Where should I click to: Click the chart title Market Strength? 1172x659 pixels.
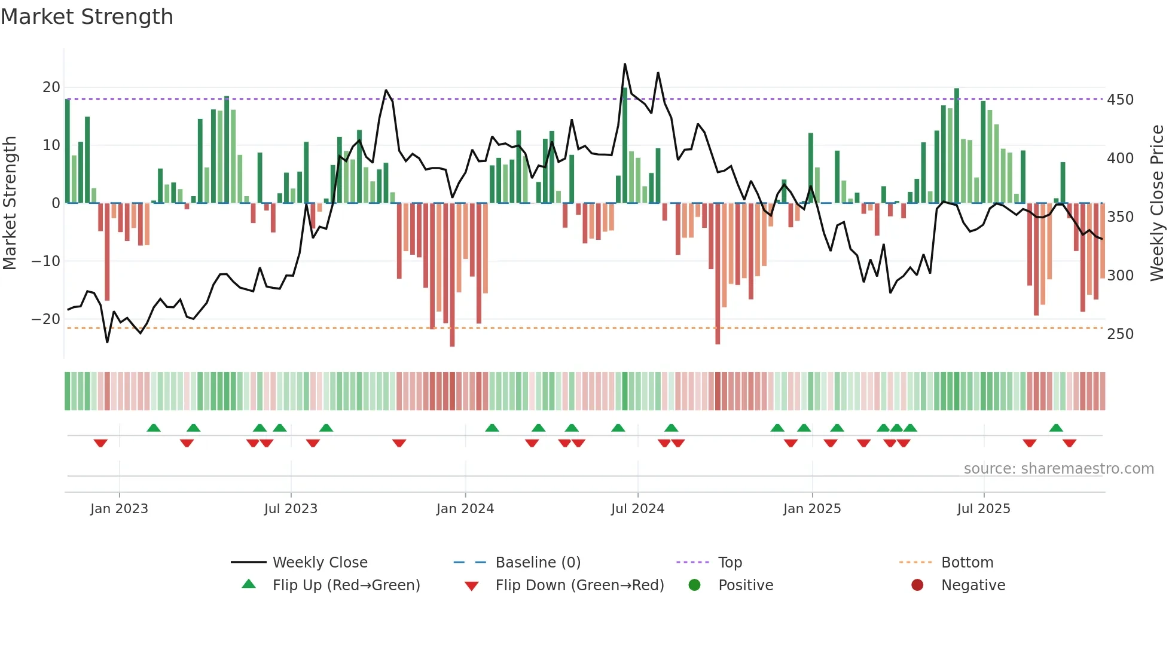click(87, 17)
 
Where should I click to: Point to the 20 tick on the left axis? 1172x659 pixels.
click(51, 87)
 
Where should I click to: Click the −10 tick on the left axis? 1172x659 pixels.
click(46, 261)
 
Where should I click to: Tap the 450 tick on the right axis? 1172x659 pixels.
click(1120, 100)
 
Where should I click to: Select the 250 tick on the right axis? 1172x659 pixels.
click(1120, 334)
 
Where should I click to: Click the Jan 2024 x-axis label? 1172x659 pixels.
click(465, 509)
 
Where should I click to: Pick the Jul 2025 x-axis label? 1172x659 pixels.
click(984, 509)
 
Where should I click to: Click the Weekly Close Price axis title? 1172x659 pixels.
click(1157, 203)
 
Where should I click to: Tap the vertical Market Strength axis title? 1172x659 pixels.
click(10, 203)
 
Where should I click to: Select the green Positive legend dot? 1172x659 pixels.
click(694, 585)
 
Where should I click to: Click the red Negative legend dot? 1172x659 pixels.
click(917, 585)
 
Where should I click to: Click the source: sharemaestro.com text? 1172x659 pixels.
click(1058, 469)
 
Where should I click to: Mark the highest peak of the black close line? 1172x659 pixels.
click(625, 64)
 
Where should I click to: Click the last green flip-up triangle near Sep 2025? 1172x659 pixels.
click(1056, 428)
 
